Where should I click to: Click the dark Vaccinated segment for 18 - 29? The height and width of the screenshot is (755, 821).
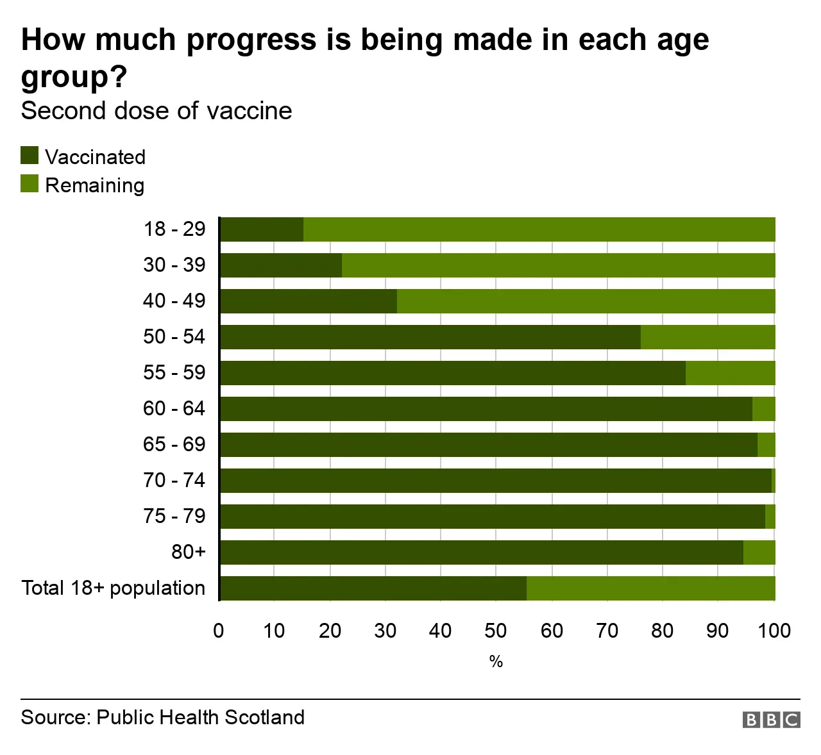[x=262, y=229]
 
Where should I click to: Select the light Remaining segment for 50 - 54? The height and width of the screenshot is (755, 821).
[x=707, y=337]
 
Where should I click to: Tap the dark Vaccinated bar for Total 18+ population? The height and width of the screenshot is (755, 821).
[x=373, y=588]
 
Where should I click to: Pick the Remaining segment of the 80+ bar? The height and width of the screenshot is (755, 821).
[x=759, y=552]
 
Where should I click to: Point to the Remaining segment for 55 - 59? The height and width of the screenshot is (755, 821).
[x=730, y=373]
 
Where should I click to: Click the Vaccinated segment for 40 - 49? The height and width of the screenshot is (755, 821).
[x=309, y=301]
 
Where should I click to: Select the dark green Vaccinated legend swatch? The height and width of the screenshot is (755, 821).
[x=30, y=156]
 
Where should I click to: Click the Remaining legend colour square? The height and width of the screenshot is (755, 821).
[x=30, y=184]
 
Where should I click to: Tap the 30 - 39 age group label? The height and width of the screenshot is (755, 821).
[x=174, y=265]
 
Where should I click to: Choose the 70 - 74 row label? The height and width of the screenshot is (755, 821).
[x=174, y=480]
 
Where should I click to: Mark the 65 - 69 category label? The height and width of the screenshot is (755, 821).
[x=174, y=444]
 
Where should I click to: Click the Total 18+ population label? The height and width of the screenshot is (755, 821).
[x=114, y=588]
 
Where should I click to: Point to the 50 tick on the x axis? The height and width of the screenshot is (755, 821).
[x=496, y=631]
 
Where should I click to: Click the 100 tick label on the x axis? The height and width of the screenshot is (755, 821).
[x=774, y=631]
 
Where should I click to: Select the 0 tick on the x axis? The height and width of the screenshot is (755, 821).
[x=219, y=631]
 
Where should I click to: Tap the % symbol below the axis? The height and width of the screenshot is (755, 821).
[x=496, y=661]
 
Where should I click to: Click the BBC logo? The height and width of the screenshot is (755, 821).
[x=771, y=720]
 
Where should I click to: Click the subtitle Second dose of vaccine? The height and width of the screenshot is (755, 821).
[x=157, y=111]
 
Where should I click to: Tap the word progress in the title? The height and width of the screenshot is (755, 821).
[x=251, y=40]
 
